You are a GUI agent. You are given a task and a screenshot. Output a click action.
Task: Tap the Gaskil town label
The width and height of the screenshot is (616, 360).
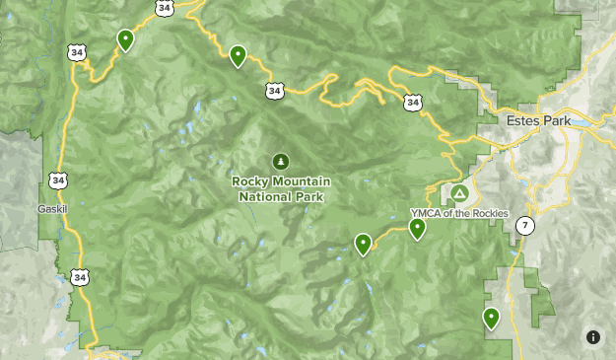point(50,209)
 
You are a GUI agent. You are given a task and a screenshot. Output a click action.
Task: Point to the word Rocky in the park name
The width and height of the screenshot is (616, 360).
point(249,181)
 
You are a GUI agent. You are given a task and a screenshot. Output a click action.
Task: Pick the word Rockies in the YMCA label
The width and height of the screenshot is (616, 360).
point(489,213)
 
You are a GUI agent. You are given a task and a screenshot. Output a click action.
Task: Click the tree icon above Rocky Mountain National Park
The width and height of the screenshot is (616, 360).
point(281,161)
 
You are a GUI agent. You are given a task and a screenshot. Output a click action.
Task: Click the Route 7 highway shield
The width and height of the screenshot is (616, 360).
point(525,226)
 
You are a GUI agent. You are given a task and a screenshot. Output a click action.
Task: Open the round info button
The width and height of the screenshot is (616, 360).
point(593,337)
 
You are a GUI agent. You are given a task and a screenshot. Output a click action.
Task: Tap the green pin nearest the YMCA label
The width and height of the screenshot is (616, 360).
point(417,229)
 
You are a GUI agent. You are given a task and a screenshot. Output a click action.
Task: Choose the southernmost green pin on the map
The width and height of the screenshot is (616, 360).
point(491,318)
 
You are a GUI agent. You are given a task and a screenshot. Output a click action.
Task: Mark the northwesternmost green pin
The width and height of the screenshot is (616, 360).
point(125,39)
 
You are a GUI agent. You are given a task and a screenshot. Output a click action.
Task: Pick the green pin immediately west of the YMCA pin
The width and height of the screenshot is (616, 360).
point(364,243)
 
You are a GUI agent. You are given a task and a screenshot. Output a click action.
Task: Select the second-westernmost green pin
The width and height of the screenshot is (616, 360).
point(238,56)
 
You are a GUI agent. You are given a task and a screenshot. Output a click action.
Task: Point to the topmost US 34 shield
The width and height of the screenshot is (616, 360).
point(164,9)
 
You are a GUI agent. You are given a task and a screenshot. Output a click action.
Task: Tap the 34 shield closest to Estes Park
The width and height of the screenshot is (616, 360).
point(413,101)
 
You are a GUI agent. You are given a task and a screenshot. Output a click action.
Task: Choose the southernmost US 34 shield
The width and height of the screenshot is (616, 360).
point(79,278)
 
